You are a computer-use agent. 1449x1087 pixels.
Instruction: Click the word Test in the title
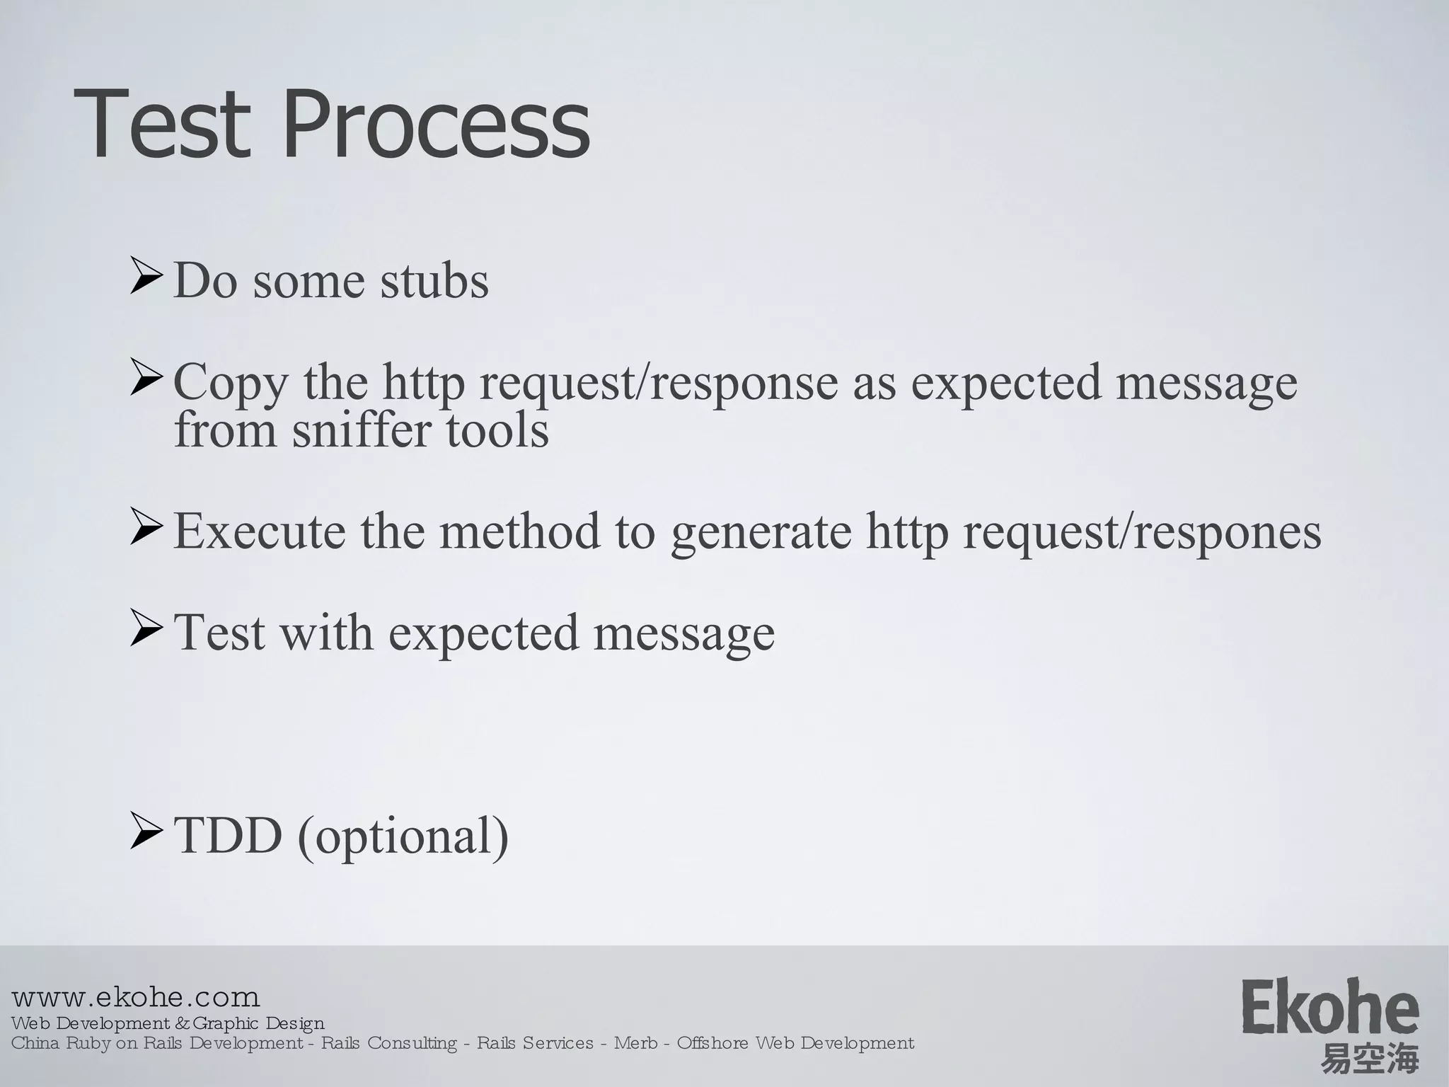[163, 125]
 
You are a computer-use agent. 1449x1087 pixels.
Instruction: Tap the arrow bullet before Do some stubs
[146, 277]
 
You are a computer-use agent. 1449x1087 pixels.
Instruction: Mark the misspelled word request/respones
[1141, 532]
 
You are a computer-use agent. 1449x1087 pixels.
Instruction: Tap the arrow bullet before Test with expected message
[146, 630]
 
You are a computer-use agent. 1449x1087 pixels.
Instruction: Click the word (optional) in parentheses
[403, 836]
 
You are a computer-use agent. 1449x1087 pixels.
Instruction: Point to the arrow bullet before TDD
[146, 832]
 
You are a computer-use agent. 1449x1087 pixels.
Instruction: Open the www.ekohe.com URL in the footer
[136, 998]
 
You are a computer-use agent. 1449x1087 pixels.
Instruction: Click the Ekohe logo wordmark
[1329, 1006]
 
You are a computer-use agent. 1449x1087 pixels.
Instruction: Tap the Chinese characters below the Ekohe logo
[1369, 1059]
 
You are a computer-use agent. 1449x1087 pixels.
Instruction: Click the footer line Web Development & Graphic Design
[168, 1023]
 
